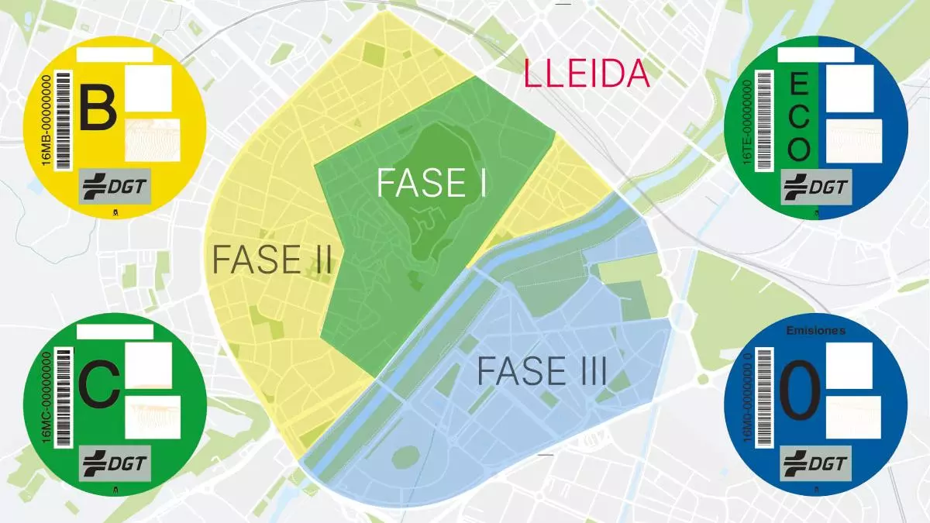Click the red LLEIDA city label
[x=587, y=74]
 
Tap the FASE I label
[x=431, y=184]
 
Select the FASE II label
[x=272, y=260]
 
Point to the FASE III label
[x=541, y=371]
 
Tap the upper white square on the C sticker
[x=147, y=362]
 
